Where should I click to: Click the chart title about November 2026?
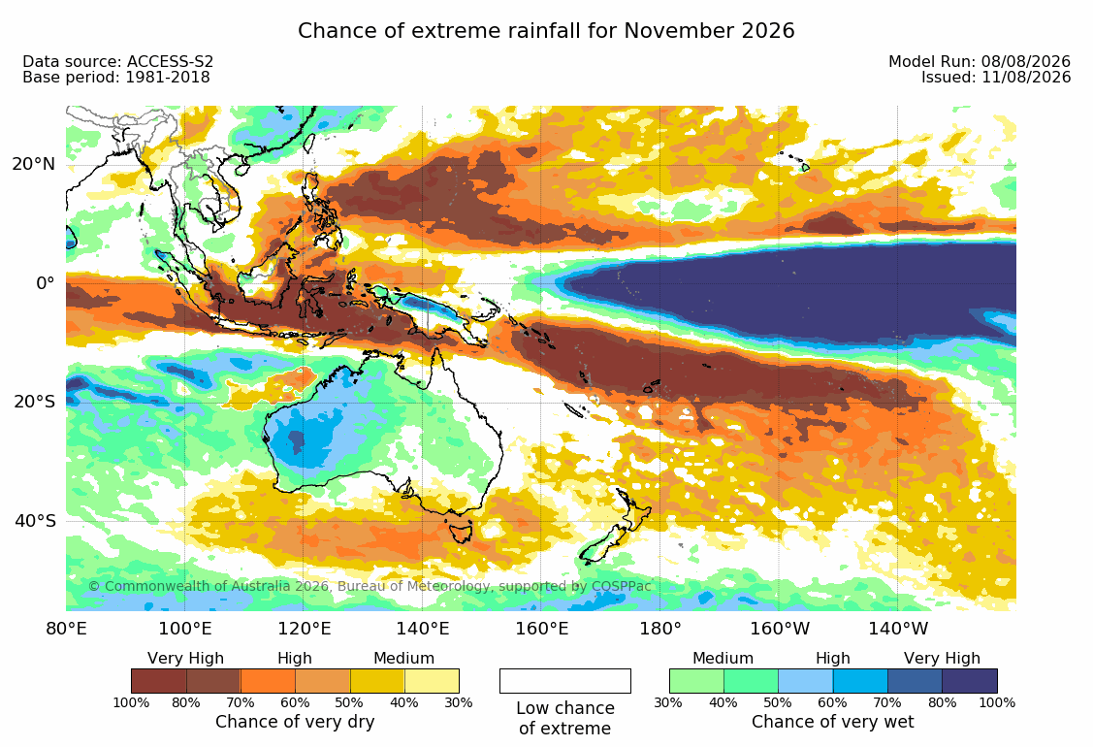pos(546,31)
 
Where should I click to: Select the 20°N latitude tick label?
pos(33,164)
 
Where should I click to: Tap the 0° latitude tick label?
pos(46,283)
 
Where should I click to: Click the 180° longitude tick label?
pos(660,629)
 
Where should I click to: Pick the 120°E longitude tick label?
pos(304,629)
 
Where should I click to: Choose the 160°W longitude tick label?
pos(780,629)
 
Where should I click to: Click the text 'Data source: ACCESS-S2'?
pos(117,61)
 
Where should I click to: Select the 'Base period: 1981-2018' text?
pos(115,78)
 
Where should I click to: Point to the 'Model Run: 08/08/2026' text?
pos(980,61)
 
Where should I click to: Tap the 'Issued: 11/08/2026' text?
pos(995,78)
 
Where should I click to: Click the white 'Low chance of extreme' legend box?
pos(565,681)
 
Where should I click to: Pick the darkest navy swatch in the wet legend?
pos(970,681)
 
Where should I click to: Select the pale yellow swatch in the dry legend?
pos(433,681)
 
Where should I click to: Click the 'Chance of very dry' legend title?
pos(295,721)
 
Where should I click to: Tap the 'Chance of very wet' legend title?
pos(832,721)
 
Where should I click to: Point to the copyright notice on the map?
pos(370,586)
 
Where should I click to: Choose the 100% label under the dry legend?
pos(131,702)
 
